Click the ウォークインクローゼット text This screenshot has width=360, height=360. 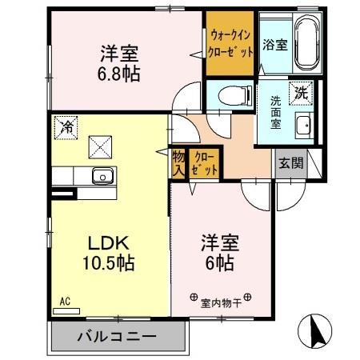(231, 42)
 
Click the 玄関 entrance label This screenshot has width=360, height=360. (290, 162)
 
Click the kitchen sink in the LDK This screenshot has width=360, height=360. (102, 177)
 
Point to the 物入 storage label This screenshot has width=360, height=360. (178, 163)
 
